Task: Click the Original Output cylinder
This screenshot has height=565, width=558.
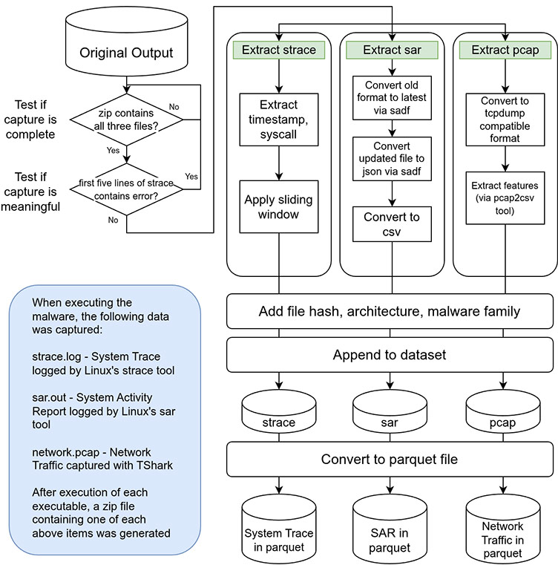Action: point(126,49)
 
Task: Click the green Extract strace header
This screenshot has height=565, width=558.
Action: point(279,50)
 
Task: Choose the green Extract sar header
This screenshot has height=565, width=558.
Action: point(392,50)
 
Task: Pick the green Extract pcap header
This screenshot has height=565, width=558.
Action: point(505,50)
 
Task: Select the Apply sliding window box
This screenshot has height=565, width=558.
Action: point(279,208)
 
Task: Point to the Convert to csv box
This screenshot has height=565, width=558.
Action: point(392,225)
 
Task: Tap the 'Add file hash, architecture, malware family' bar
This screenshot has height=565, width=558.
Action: point(391,311)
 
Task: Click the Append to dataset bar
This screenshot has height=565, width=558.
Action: point(391,356)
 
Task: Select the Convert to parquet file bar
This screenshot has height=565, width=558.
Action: point(391,460)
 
